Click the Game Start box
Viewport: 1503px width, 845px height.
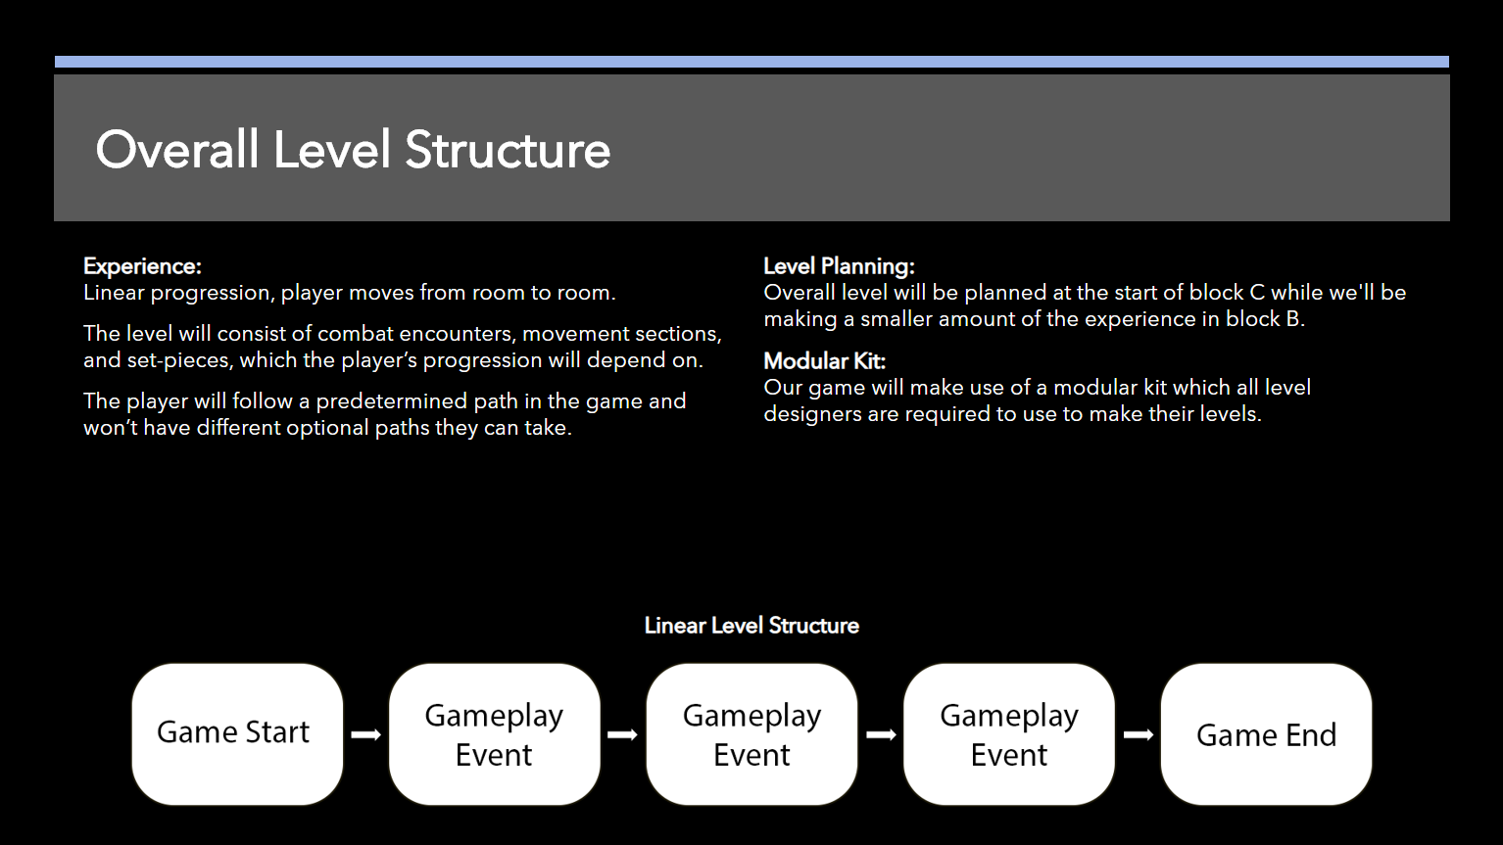[x=237, y=734]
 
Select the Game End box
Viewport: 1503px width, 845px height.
[x=1266, y=734]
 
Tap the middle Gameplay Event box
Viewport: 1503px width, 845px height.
[x=751, y=734]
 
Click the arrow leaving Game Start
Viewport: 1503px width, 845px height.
[x=365, y=735]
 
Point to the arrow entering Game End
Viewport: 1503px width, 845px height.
[x=1138, y=735]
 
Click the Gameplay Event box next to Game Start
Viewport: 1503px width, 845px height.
[x=495, y=734]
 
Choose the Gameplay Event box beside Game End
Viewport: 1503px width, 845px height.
[x=1009, y=734]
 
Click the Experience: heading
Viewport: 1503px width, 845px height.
[x=142, y=266]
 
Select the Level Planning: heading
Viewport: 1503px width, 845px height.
[x=839, y=266]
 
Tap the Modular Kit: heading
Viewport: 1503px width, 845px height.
[x=825, y=360]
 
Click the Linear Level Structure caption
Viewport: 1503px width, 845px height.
[x=751, y=625]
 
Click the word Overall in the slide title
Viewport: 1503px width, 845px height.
[x=177, y=150]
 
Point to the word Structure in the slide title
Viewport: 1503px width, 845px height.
[x=508, y=150]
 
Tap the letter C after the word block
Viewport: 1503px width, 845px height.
[x=1256, y=293]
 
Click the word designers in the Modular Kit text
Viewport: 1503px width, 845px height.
[x=812, y=414]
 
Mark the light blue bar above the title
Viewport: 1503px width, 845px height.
[x=751, y=62]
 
